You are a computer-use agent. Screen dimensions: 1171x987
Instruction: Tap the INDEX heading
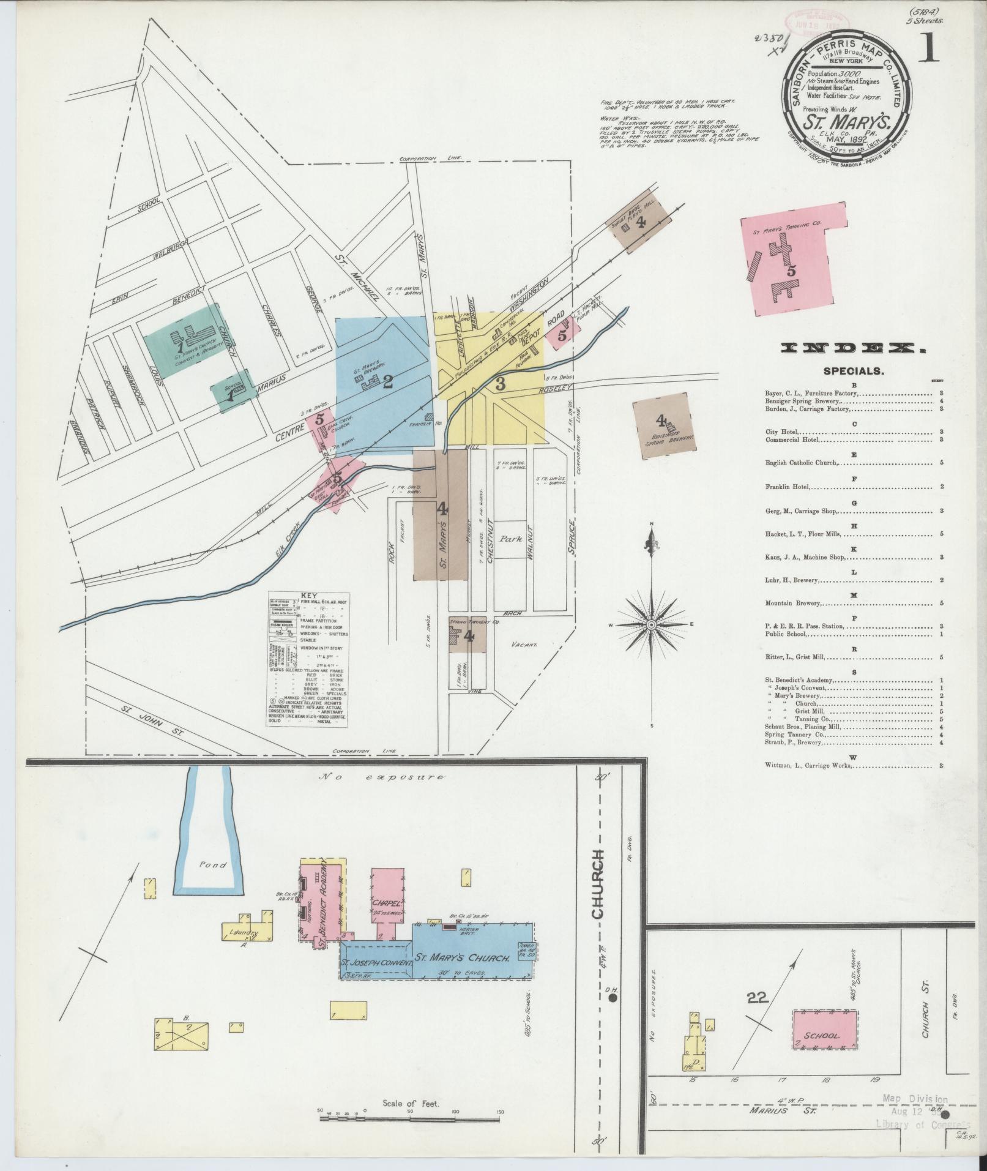point(852,348)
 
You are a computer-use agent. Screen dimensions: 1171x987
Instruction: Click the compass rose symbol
point(652,624)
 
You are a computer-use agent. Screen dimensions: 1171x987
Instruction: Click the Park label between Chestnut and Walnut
point(507,540)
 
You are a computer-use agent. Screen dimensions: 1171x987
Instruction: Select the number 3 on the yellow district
point(500,384)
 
